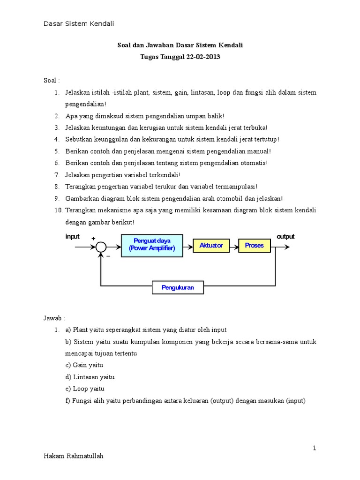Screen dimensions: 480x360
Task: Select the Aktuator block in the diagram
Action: pos(211,245)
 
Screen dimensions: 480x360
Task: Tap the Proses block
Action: pos(254,245)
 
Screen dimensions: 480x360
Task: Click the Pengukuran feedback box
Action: pos(178,287)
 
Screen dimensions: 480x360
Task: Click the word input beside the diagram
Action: pos(72,236)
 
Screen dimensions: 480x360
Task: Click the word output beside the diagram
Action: pos(285,236)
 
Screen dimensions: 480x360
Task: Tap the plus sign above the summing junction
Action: pos(93,239)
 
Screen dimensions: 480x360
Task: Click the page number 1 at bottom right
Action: pos(315,448)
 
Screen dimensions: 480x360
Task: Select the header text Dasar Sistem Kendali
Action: pos(79,23)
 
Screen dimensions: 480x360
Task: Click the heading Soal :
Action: pos(52,81)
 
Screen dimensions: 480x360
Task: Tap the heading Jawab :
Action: pos(54,318)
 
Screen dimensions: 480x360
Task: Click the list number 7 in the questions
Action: pos(56,174)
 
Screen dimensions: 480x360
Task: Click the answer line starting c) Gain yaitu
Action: pos(84,365)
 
